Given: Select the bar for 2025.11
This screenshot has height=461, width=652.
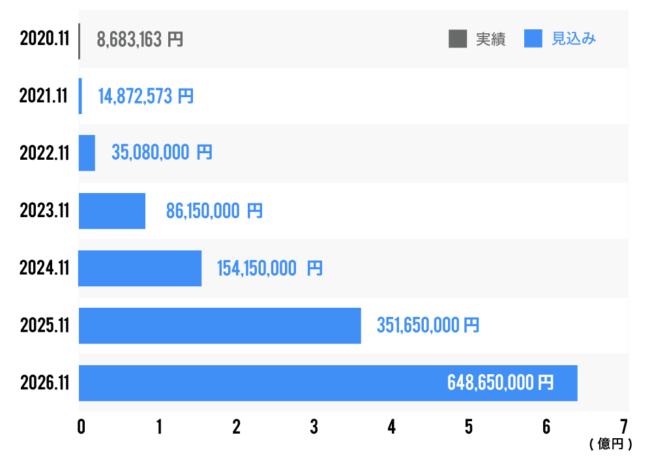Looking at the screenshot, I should (220, 325).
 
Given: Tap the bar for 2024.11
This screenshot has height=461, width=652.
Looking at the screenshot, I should (140, 268).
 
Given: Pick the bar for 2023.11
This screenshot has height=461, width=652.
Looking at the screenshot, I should (111, 211).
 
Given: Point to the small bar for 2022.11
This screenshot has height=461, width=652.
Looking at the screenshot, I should (87, 153).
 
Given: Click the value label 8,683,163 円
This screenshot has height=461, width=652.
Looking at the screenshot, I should (140, 40).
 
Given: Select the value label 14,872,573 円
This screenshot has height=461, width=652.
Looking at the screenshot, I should (145, 97).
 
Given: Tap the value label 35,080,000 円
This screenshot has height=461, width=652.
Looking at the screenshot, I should (162, 153).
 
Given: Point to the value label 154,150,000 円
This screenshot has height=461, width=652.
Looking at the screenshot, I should (269, 268).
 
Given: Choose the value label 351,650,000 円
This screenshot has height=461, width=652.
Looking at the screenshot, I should (428, 325).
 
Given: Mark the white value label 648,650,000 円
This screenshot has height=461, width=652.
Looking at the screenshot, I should (500, 382).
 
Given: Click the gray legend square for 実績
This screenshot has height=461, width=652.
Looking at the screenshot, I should (458, 39).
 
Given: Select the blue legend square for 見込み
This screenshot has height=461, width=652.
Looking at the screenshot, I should (533, 39).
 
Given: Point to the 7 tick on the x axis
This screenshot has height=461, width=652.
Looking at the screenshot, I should (624, 426).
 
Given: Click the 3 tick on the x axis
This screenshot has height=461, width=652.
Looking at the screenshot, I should (314, 426).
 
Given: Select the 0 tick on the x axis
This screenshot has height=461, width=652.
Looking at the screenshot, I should (81, 426).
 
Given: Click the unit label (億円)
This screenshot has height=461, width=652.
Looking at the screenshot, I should (611, 445).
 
